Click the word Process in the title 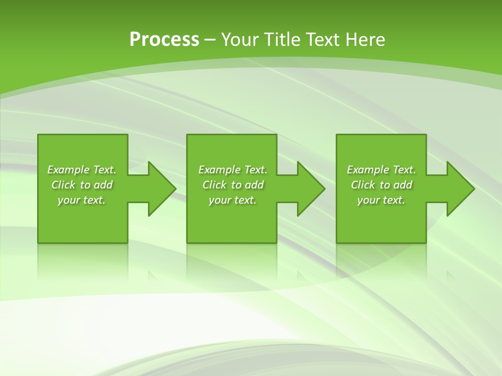coord(164,40)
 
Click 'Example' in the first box coord(69,170)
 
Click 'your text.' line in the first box coord(82,200)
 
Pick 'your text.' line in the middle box coord(233,200)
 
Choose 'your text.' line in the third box coord(381,200)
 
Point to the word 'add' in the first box coord(103,185)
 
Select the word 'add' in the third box coord(403,185)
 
